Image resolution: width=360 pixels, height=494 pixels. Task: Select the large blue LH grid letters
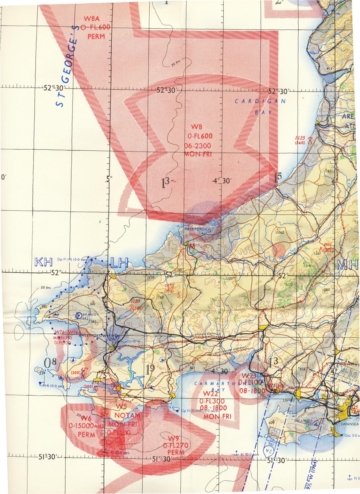tap(119, 263)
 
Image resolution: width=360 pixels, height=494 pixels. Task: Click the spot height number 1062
tap(280, 232)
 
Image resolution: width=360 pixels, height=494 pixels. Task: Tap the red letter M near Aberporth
tap(192, 246)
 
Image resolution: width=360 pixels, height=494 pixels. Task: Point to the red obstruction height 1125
tap(300, 138)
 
